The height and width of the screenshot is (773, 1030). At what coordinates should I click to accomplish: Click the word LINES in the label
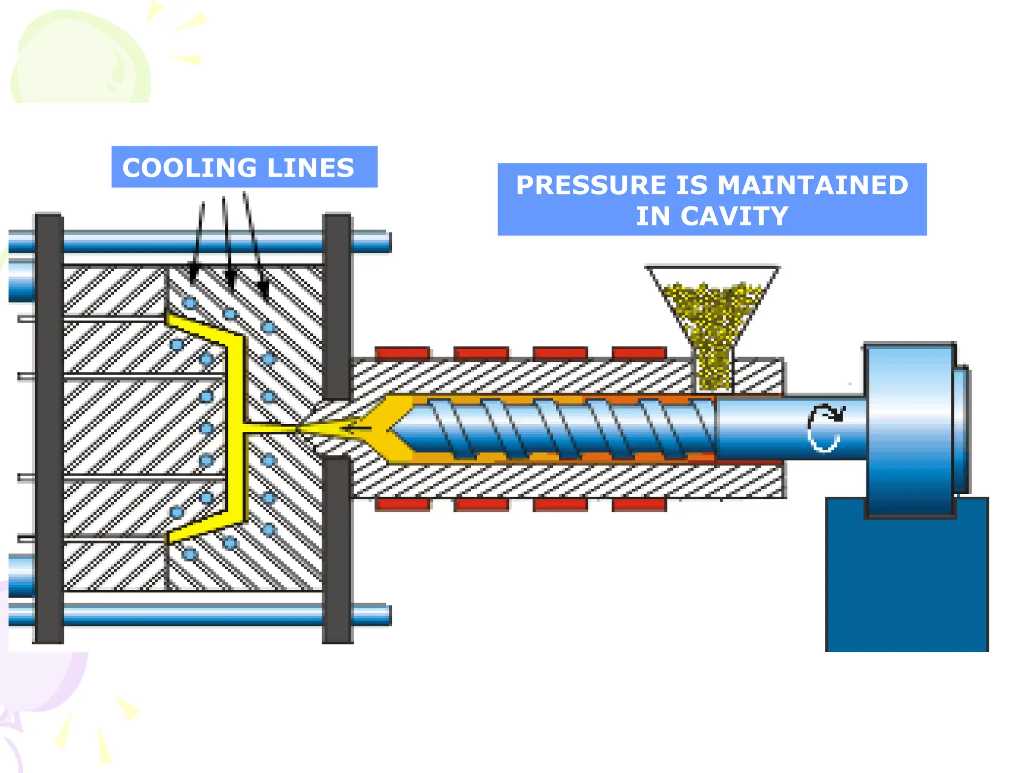click(x=310, y=168)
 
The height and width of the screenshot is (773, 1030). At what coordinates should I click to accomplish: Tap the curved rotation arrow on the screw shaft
click(x=824, y=427)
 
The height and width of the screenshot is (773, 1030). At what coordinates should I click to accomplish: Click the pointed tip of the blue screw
click(x=393, y=429)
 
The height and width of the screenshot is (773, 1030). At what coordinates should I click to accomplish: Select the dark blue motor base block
click(x=906, y=584)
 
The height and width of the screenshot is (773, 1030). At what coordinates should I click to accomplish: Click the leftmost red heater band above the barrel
click(x=402, y=352)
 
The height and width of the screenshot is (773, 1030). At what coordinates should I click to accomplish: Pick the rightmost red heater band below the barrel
click(x=639, y=504)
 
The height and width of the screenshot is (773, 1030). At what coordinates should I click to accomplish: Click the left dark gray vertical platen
click(x=49, y=428)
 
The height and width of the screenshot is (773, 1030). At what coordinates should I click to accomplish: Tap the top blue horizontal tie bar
click(x=201, y=242)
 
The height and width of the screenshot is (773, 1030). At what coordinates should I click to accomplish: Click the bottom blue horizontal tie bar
click(x=201, y=615)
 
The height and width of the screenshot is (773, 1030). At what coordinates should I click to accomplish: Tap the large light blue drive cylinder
click(x=909, y=430)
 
